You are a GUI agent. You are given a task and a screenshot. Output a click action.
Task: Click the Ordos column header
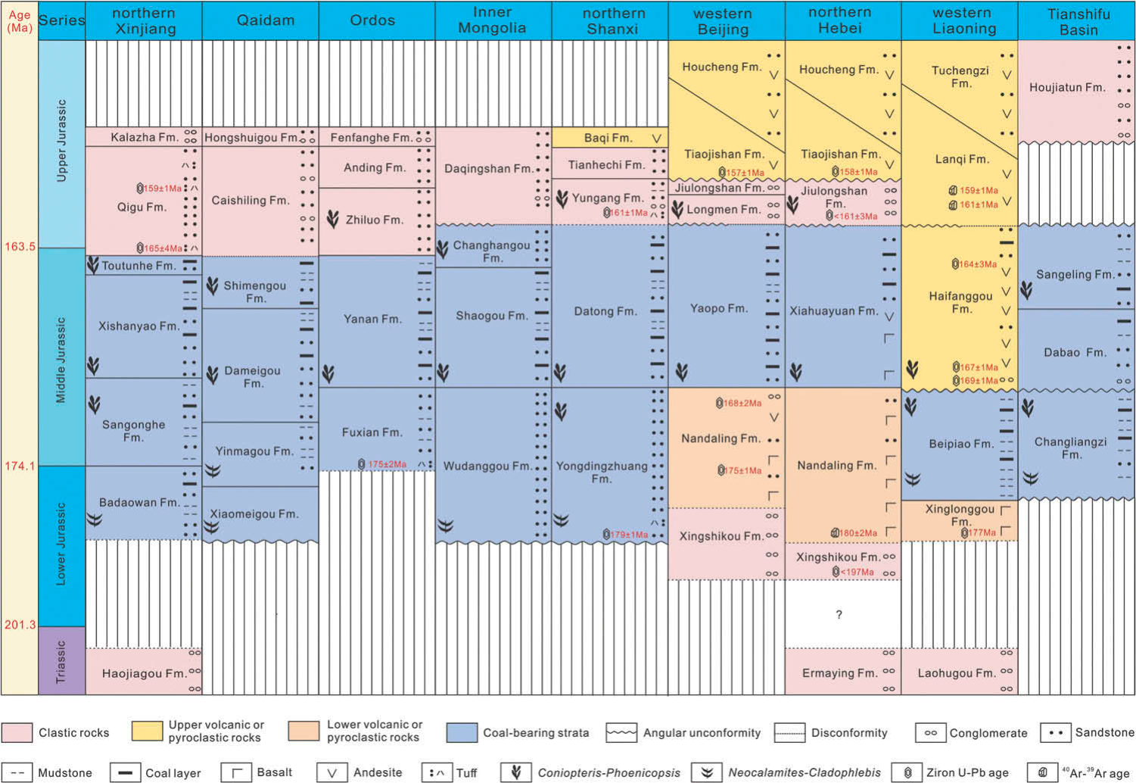[x=372, y=20]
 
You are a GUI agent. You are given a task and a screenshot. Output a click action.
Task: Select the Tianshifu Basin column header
[x=1078, y=22]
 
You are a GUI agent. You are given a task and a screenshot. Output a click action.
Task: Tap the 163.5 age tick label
[x=20, y=247]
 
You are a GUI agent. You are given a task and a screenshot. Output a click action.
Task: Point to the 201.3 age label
[x=20, y=625]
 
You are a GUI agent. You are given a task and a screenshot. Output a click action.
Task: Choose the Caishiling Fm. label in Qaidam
[x=250, y=201]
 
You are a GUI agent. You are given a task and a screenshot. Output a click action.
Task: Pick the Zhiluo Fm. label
[x=375, y=220]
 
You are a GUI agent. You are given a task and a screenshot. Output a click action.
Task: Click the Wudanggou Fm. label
[x=487, y=466]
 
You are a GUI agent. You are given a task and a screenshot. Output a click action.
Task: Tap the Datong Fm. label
[x=605, y=311]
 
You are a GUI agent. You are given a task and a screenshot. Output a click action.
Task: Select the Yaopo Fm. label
[x=718, y=309]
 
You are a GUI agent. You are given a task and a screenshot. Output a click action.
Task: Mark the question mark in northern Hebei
[x=839, y=615]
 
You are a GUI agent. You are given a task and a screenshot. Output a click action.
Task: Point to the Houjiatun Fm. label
[x=1067, y=88]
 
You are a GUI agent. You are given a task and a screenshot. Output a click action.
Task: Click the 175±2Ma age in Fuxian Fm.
[x=387, y=464]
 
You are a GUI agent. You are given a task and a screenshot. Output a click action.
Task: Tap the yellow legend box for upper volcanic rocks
[x=147, y=732]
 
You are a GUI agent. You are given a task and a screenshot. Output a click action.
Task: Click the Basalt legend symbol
[x=236, y=773]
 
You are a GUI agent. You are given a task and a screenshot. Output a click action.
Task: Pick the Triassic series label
[x=61, y=661]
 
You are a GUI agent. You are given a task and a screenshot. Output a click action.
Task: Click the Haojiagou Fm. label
[x=143, y=673]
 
